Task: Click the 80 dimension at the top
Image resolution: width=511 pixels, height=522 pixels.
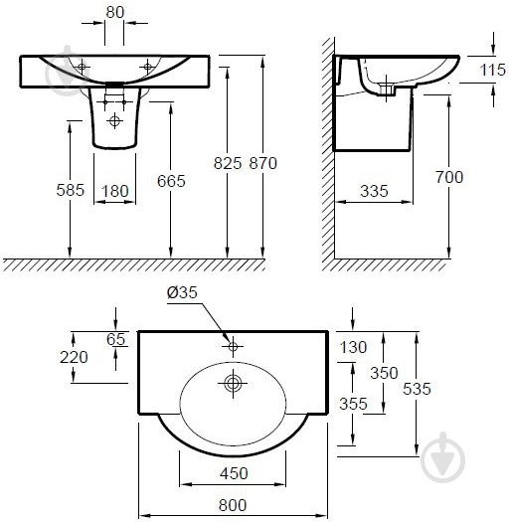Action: [x=115, y=12]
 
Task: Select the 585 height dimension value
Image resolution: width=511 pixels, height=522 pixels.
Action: [x=71, y=190]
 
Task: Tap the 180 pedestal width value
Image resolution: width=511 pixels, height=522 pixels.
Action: [x=115, y=191]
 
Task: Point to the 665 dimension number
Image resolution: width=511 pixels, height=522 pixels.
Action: [x=171, y=181]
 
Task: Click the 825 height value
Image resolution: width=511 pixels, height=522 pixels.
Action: [x=228, y=163]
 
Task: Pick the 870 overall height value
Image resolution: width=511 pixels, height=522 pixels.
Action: [x=263, y=163]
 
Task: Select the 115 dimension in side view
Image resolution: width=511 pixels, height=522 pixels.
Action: [x=492, y=70]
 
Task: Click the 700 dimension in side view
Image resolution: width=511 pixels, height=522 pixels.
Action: [x=449, y=177]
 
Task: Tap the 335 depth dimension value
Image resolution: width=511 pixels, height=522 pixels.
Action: [x=374, y=191]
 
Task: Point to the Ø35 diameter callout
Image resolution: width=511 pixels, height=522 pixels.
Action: [x=182, y=292]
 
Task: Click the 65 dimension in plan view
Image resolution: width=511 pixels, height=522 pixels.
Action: [x=116, y=339]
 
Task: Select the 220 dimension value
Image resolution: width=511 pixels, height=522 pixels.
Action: [x=74, y=357]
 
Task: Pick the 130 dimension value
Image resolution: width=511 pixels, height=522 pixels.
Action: [x=353, y=347]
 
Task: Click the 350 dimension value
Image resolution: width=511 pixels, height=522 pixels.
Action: [x=384, y=373]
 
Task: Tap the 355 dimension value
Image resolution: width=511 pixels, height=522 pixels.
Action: [x=353, y=404]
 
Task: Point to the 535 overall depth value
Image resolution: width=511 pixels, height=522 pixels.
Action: [x=417, y=389]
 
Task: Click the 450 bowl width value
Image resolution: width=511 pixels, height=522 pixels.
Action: [x=234, y=473]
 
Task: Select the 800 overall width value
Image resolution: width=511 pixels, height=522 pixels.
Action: [x=233, y=505]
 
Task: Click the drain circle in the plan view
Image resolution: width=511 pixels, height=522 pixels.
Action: [x=233, y=383]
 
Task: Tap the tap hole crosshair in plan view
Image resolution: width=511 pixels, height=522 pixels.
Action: [x=233, y=347]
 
